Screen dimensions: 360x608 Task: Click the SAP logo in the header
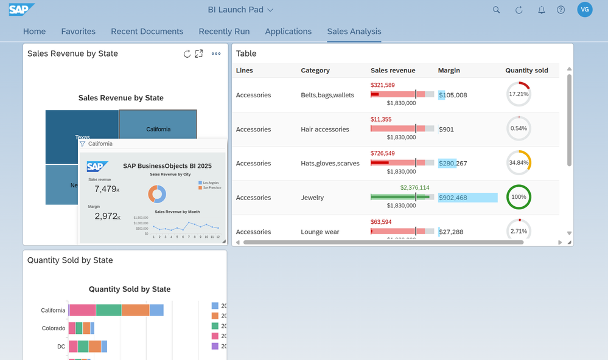(x=22, y=10)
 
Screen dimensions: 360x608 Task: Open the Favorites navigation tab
(x=78, y=32)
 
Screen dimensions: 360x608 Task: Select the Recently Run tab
(x=224, y=32)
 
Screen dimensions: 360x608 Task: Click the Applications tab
(x=288, y=32)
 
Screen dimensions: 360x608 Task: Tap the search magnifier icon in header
(x=497, y=10)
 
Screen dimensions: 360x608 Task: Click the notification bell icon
(x=541, y=10)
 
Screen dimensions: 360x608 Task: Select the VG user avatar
(x=584, y=10)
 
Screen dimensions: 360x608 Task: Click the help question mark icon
(x=561, y=10)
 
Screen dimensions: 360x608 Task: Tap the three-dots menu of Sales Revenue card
(x=216, y=54)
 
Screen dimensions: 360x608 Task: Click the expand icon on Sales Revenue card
(x=198, y=54)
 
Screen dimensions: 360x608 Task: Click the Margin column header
(x=449, y=71)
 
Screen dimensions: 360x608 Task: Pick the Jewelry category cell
(x=312, y=198)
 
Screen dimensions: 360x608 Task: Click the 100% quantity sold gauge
(x=519, y=197)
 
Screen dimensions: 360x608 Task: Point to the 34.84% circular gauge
(x=519, y=163)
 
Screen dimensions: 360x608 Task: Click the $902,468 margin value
(x=453, y=198)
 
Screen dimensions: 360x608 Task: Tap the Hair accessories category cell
(x=325, y=130)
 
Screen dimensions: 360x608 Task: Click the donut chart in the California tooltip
(x=158, y=194)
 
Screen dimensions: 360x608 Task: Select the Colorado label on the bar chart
(x=54, y=328)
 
